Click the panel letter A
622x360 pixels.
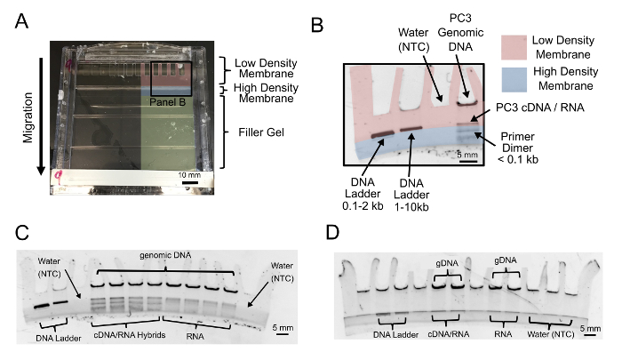(21, 21)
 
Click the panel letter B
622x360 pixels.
(317, 25)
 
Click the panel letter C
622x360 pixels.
(22, 233)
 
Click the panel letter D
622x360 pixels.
(332, 233)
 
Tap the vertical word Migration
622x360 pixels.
(28, 117)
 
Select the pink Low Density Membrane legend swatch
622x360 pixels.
(514, 47)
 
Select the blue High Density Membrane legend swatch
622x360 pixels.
(514, 79)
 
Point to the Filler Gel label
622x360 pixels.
(261, 132)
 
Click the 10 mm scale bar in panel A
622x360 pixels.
(189, 182)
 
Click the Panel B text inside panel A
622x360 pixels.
(167, 102)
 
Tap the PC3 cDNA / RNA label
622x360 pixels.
(540, 108)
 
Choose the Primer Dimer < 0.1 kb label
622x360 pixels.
(517, 148)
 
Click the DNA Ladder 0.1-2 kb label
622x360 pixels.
(363, 194)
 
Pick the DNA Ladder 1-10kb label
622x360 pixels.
(411, 195)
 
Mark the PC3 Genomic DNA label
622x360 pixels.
(460, 33)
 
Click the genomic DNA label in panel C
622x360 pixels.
(165, 255)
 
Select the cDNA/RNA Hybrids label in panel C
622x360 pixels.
(130, 335)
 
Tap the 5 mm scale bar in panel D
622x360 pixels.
(590, 334)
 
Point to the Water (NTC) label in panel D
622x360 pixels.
(551, 334)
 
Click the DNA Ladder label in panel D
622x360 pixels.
(395, 334)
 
